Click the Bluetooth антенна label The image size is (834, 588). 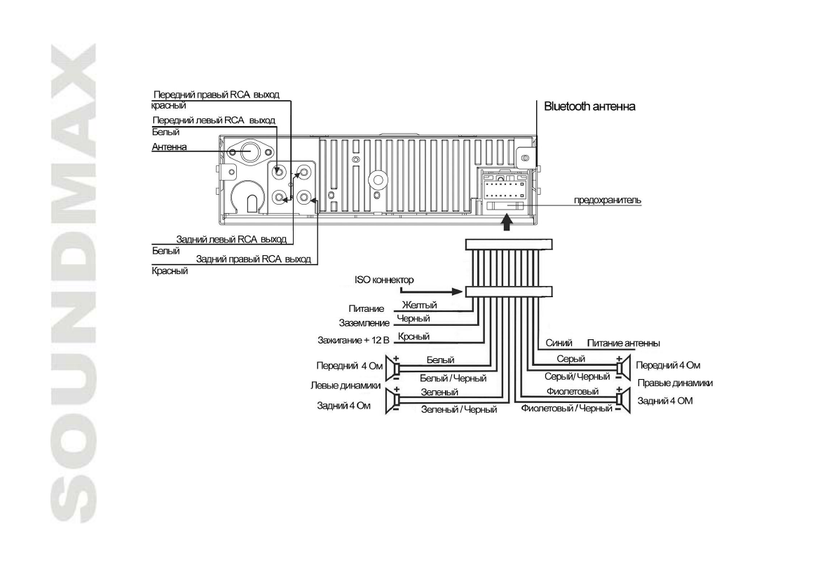coord(589,107)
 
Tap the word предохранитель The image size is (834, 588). coord(608,200)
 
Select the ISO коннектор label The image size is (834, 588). coord(385,280)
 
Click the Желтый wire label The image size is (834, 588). coord(419,306)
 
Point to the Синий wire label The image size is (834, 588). coord(559,343)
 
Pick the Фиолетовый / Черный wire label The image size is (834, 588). coord(567,408)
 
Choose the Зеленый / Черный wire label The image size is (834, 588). coord(458,409)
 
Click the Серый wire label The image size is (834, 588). coord(566,358)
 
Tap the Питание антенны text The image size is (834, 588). coord(623,343)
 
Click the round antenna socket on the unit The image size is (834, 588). coord(249,151)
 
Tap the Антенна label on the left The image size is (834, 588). coord(169,147)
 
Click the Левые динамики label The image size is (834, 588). coord(345,385)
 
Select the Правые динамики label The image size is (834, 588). coord(675,383)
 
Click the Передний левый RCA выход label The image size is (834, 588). coord(214,121)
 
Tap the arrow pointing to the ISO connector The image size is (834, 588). coord(430,291)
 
